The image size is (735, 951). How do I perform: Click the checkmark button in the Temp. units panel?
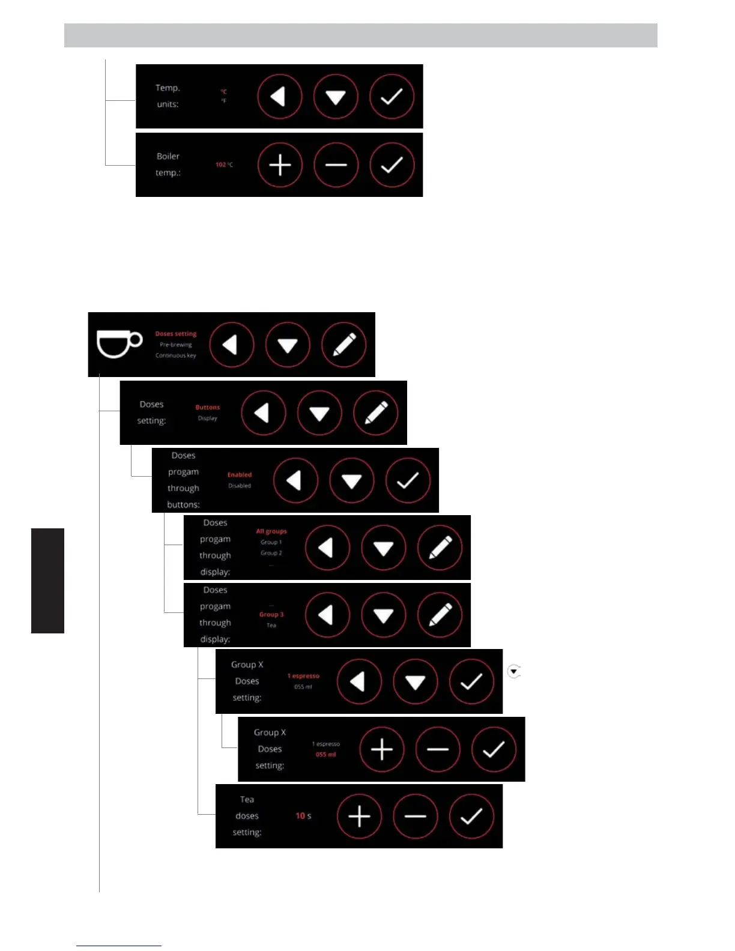[392, 97]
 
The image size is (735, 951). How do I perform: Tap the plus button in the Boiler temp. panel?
[280, 165]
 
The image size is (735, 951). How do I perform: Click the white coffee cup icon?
[119, 344]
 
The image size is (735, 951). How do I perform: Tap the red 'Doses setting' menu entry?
[176, 334]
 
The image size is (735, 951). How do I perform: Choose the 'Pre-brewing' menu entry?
[176, 345]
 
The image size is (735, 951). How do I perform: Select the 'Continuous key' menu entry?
[176, 355]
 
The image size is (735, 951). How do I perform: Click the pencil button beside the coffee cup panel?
[344, 345]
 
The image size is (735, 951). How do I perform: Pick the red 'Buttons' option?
[208, 407]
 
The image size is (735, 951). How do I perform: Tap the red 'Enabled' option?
[240, 475]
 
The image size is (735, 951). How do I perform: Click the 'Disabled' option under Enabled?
[240, 486]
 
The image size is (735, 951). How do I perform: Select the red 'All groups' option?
[271, 531]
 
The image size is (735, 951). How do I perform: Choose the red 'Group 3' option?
[271, 614]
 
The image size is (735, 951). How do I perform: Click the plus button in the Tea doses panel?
[359, 817]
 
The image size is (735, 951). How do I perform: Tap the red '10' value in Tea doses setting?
[300, 816]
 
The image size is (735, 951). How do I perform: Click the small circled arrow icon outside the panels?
[513, 672]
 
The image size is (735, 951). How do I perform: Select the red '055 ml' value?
[326, 755]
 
